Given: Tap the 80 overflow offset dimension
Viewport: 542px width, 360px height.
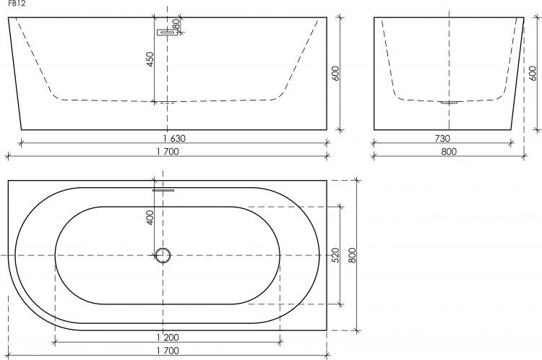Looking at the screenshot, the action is coord(176,24).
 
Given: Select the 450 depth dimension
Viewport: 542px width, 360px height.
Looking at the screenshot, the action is coord(150,59).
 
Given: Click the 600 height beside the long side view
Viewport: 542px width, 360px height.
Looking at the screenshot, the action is coord(335,73).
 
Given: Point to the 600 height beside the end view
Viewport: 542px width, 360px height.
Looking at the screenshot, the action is coord(533,73).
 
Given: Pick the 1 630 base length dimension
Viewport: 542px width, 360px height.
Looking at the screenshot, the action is coord(174,139).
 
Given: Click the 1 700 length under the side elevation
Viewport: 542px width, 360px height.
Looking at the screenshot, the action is coord(168,152).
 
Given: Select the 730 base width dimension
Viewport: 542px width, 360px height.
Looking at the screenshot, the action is coord(442,139).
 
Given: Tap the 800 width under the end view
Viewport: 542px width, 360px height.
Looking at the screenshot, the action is coord(449,152).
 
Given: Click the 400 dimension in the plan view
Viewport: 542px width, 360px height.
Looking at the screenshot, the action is coord(150,218).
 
